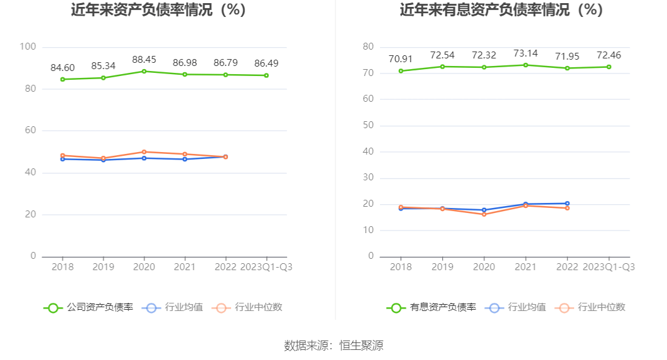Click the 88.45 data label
[144, 60]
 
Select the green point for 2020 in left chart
[144, 71]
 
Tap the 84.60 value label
[62, 68]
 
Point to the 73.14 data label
[525, 53]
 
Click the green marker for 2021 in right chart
[526, 65]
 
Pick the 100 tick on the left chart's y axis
[28, 46]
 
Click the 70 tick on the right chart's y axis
[368, 73]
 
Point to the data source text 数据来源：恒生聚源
[333, 345]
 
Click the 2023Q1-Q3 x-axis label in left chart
[266, 266]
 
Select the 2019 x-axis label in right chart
[442, 266]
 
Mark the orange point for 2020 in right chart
[484, 214]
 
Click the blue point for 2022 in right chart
[567, 204]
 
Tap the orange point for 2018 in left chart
[62, 155]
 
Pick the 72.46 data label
[609, 55]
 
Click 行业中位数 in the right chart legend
[601, 307]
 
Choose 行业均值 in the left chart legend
[183, 307]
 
